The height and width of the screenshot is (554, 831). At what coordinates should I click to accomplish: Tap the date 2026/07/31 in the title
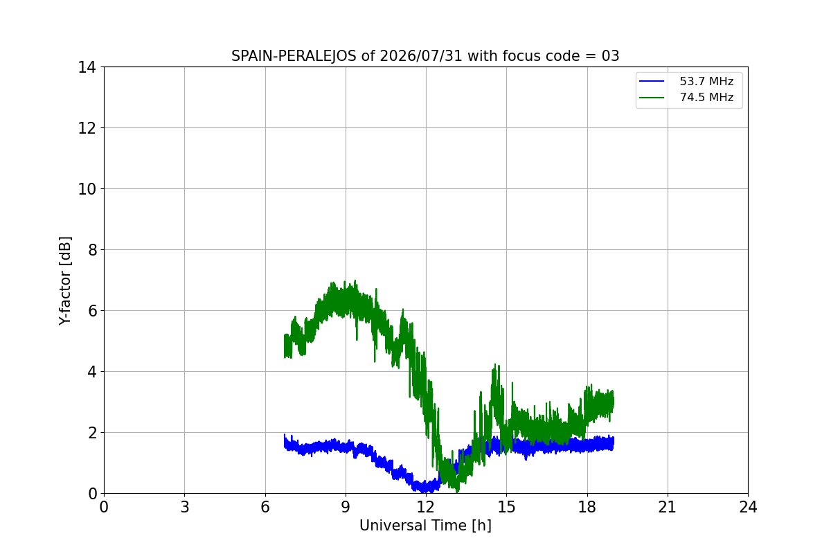click(x=421, y=56)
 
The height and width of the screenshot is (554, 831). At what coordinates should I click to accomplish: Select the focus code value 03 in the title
click(x=610, y=56)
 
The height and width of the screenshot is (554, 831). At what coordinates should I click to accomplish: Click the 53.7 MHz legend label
click(x=706, y=81)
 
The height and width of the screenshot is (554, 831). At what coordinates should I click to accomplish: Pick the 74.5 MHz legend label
click(x=706, y=97)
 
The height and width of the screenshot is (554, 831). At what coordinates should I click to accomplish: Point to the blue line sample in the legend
click(x=652, y=81)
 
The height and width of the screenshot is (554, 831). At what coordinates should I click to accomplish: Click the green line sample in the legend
click(x=652, y=98)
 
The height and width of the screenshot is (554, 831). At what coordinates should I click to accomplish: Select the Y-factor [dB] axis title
click(x=65, y=281)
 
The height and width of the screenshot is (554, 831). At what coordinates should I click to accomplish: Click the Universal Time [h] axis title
click(x=425, y=526)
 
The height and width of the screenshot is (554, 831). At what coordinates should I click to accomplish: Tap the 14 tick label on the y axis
click(x=87, y=68)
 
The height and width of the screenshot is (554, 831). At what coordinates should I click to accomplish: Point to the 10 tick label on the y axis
click(x=87, y=189)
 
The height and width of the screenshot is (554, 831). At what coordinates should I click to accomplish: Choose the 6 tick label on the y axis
click(x=92, y=311)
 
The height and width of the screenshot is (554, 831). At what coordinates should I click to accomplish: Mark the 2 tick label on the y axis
click(x=92, y=433)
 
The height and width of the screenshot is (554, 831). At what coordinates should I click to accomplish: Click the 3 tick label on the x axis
click(x=185, y=507)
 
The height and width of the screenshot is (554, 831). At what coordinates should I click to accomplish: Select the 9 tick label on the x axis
click(x=346, y=507)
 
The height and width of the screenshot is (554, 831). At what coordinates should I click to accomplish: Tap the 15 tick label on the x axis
click(x=507, y=507)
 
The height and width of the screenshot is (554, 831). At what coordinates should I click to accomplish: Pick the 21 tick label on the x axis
click(x=668, y=507)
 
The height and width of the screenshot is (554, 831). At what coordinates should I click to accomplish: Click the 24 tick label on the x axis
click(x=748, y=507)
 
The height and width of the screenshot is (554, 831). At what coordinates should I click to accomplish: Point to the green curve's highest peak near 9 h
click(x=355, y=280)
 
